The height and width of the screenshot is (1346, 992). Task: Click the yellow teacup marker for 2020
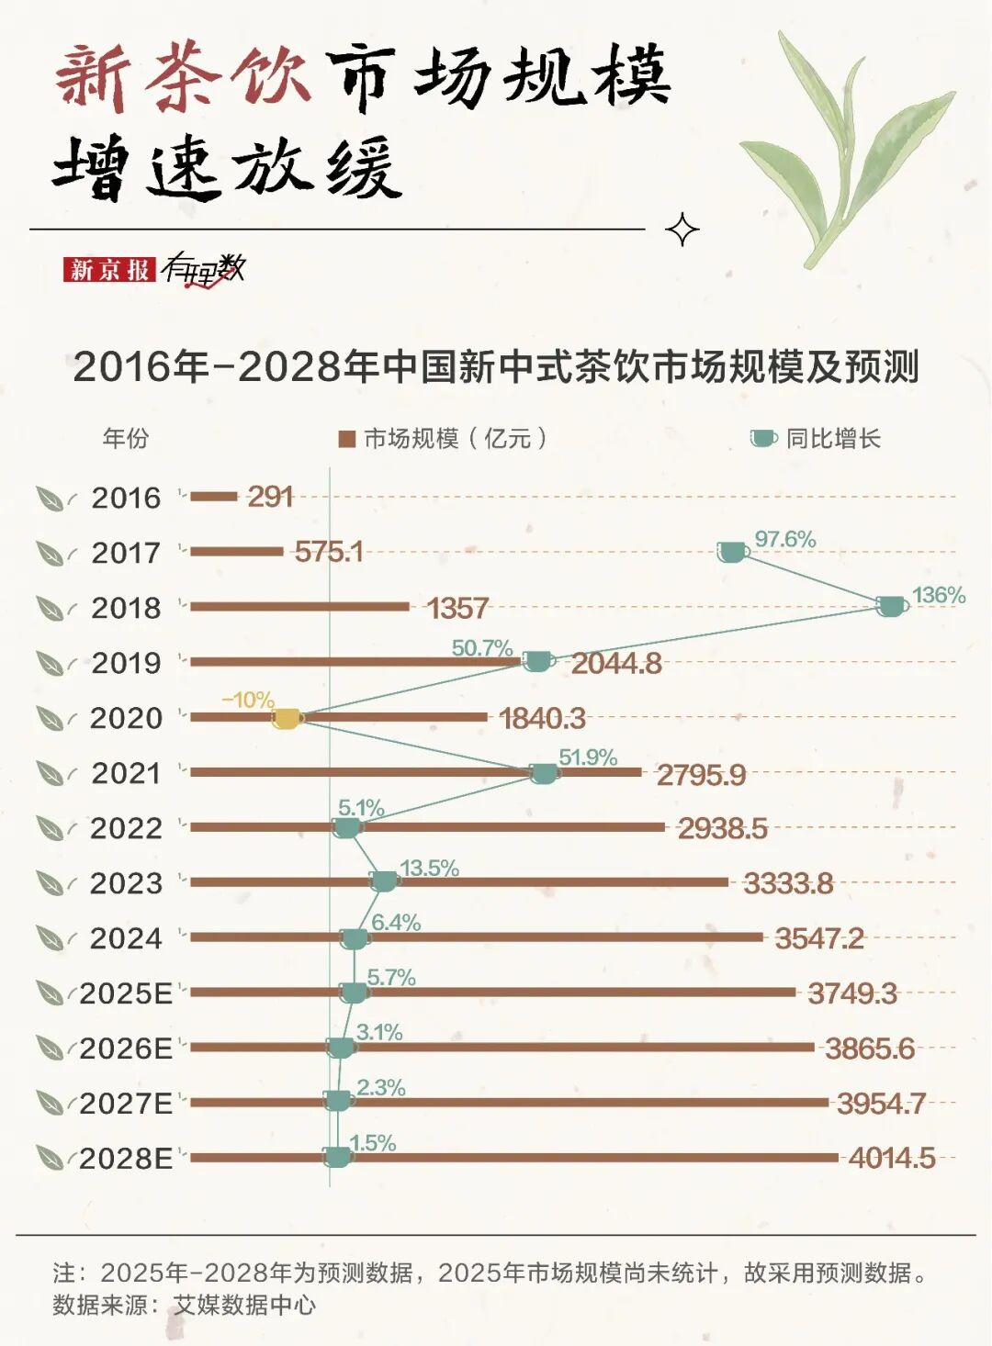(x=287, y=719)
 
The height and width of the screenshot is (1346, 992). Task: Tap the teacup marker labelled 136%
(x=891, y=606)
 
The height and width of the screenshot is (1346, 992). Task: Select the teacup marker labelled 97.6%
(x=732, y=552)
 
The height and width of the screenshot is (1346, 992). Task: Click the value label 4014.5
(x=891, y=1158)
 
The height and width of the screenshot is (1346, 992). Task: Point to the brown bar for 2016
(x=214, y=497)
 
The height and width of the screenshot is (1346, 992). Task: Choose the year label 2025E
(x=126, y=993)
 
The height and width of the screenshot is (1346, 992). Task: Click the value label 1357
(x=457, y=608)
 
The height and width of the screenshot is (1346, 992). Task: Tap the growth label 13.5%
(x=429, y=868)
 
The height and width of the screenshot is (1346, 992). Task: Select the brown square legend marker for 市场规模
(x=346, y=439)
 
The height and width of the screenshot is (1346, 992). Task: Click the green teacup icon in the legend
(x=762, y=439)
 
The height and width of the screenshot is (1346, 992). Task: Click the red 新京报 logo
(x=108, y=269)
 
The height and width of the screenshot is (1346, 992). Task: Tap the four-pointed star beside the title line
(x=682, y=230)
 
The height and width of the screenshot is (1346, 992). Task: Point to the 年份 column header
(x=125, y=438)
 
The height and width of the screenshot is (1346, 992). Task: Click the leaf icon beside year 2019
(x=51, y=663)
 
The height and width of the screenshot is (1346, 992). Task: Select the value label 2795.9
(x=701, y=775)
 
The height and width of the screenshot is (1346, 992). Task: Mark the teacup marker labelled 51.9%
(x=544, y=774)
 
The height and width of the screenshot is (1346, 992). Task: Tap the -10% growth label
(x=248, y=700)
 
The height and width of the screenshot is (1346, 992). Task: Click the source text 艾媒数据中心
(x=244, y=1305)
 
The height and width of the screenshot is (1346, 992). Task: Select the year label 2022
(x=126, y=828)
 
